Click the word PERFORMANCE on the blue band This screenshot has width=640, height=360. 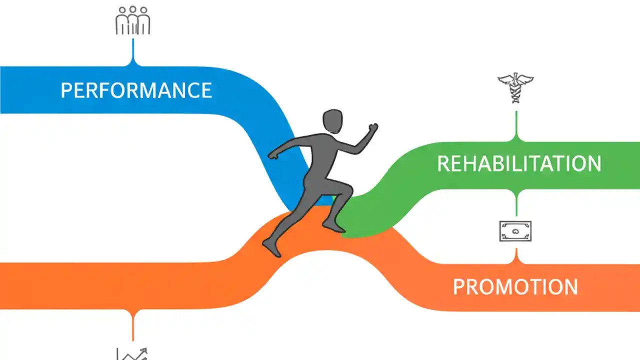[x=136, y=90]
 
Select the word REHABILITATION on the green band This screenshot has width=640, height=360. [x=519, y=164]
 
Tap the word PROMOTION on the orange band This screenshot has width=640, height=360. [x=515, y=287]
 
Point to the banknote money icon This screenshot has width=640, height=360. [x=515, y=231]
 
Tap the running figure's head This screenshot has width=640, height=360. [x=332, y=121]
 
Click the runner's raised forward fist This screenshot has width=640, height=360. [x=372, y=128]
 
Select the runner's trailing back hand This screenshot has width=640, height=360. [x=273, y=154]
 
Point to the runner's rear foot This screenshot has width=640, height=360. [x=270, y=247]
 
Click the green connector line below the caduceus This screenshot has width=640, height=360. [x=516, y=125]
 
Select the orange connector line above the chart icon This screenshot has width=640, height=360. [x=132, y=325]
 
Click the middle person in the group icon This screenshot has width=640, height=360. [x=132, y=20]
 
